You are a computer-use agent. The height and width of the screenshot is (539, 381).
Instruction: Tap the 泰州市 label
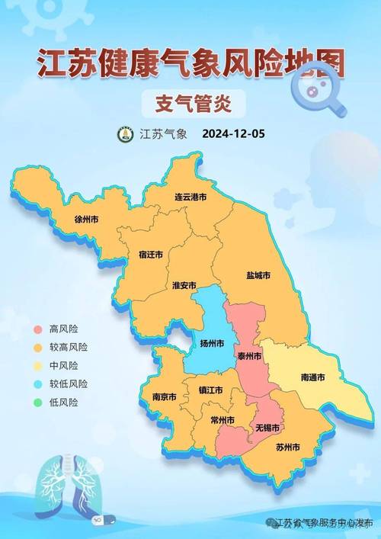tap(248, 356)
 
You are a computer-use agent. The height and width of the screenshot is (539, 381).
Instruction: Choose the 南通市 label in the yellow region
tap(312, 377)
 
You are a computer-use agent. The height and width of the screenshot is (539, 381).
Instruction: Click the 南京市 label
tap(163, 397)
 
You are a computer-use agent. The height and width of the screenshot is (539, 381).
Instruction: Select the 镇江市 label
tap(210, 390)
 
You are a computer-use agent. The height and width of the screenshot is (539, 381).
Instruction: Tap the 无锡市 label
tap(267, 428)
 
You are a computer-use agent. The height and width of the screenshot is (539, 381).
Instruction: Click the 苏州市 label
tap(287, 446)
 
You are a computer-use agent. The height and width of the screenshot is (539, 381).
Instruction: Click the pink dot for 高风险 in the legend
tap(37, 329)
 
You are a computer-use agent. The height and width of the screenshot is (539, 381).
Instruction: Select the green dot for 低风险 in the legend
tap(37, 402)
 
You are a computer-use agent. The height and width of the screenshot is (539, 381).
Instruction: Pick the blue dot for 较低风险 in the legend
tap(37, 383)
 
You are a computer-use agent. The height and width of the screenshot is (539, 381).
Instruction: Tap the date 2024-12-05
tap(233, 134)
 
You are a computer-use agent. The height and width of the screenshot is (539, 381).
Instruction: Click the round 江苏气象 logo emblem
tap(125, 134)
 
